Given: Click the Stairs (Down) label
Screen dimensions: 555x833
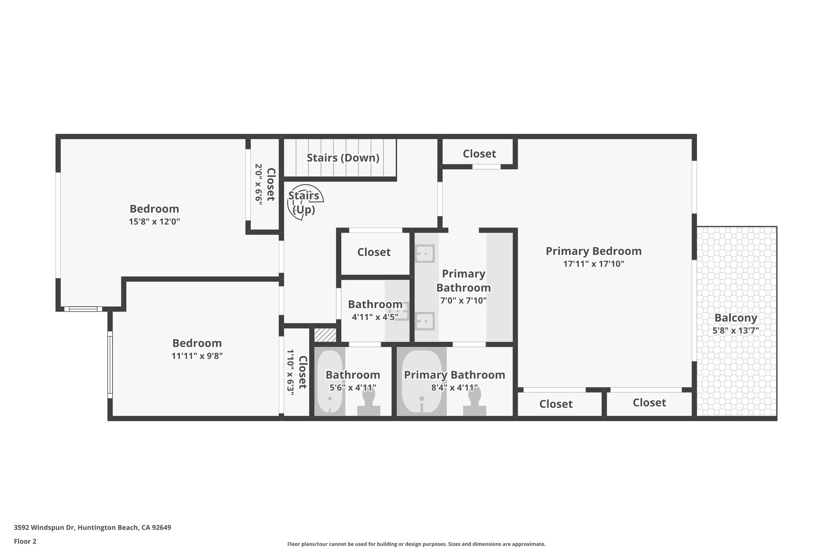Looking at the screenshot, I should point(342,158).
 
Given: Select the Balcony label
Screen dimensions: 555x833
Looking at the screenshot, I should point(736,318).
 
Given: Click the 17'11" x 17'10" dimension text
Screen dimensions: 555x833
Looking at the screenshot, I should point(593,264).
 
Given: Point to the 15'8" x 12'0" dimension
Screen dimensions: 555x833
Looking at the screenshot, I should point(154,222).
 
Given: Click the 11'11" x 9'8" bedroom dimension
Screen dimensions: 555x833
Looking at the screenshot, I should point(197,356).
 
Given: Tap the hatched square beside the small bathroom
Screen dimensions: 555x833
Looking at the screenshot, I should point(325,335).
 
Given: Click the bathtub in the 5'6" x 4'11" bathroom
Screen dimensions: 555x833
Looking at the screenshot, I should point(329,381).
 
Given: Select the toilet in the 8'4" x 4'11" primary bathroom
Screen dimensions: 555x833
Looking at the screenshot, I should point(475,403).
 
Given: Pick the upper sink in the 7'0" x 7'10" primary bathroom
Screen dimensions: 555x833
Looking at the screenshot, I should point(425,254).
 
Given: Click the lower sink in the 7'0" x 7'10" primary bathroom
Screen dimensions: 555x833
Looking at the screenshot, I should point(425,321).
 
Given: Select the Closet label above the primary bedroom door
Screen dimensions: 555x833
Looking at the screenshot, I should point(479,154).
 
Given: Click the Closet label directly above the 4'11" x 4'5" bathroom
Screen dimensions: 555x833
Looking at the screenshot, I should point(374,252).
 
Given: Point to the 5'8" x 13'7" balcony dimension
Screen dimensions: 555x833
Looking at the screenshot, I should point(736,331).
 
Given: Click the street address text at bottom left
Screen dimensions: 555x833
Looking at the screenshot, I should point(92,528).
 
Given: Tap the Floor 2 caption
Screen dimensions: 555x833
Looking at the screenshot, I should point(25,541).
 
